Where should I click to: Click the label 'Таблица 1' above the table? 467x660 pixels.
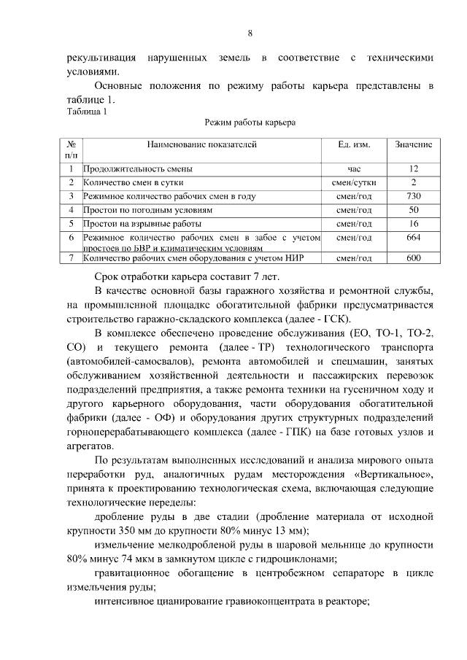tap(87, 112)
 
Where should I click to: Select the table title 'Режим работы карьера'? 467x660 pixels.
tap(250, 124)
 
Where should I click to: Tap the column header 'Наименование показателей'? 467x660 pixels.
tap(201, 145)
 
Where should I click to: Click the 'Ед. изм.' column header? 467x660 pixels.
tap(354, 145)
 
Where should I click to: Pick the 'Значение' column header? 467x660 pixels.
tap(414, 145)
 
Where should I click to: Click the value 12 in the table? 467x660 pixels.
tap(414, 168)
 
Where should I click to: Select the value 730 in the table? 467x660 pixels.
tap(414, 196)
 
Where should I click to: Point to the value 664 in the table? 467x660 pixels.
tap(414, 238)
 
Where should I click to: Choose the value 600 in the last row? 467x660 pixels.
tap(414, 257)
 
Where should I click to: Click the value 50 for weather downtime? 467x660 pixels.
tap(414, 210)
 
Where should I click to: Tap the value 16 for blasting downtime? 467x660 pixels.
tap(414, 224)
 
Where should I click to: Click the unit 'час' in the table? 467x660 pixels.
tap(354, 168)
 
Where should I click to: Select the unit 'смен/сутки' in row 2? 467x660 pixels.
tap(354, 182)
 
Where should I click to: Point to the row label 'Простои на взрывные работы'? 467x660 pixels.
tap(142, 224)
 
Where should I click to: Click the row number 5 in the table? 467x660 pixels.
tap(72, 224)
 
